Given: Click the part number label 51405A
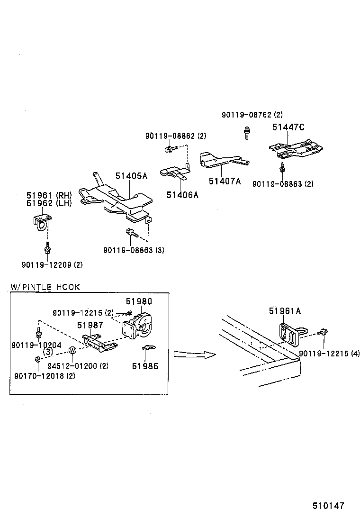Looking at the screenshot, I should (x=131, y=176).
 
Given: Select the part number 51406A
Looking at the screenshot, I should (x=182, y=195).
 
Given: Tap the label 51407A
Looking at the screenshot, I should (x=225, y=181).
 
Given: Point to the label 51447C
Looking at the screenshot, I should (x=288, y=127).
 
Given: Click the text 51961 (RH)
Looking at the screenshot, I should (x=49, y=195).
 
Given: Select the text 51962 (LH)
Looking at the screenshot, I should (x=49, y=203).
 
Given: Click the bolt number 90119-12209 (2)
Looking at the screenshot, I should (x=52, y=265).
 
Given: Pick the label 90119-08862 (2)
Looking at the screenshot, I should (x=176, y=136).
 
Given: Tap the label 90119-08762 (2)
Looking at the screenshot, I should (x=252, y=115).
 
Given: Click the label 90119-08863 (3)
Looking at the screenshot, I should (x=134, y=250).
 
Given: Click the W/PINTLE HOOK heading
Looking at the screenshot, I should (x=45, y=287).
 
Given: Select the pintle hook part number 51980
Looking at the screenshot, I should (x=139, y=301).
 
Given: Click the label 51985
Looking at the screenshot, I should (x=145, y=366).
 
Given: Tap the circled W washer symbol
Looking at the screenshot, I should (x=72, y=350).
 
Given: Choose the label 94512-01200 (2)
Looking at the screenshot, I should (x=78, y=366).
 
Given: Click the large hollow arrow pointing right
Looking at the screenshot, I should (x=194, y=354).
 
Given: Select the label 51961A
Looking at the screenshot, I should (x=285, y=311).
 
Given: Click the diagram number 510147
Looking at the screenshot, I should (x=328, y=506).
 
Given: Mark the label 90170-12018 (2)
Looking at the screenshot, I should (x=45, y=376).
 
